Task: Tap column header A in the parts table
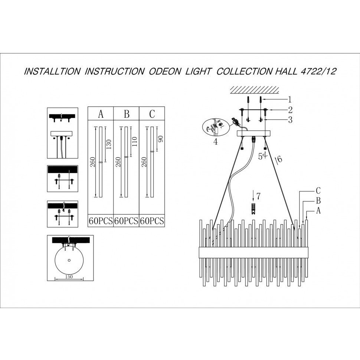(x=101, y=114)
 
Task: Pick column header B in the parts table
(x=127, y=114)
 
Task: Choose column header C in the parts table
(x=152, y=114)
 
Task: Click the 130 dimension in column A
(x=109, y=144)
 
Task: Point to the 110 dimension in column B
(x=135, y=142)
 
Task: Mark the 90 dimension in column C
(x=160, y=139)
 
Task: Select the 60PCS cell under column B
(x=126, y=221)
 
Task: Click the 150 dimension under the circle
(x=69, y=276)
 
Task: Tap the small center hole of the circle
(x=69, y=261)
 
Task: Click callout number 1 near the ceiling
(x=290, y=99)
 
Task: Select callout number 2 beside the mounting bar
(x=291, y=110)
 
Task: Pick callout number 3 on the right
(x=291, y=120)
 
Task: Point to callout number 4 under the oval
(x=215, y=142)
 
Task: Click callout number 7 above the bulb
(x=259, y=196)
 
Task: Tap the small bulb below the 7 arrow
(x=253, y=209)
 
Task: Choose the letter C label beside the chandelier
(x=318, y=190)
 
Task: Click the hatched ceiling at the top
(x=254, y=90)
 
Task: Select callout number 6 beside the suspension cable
(x=279, y=159)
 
